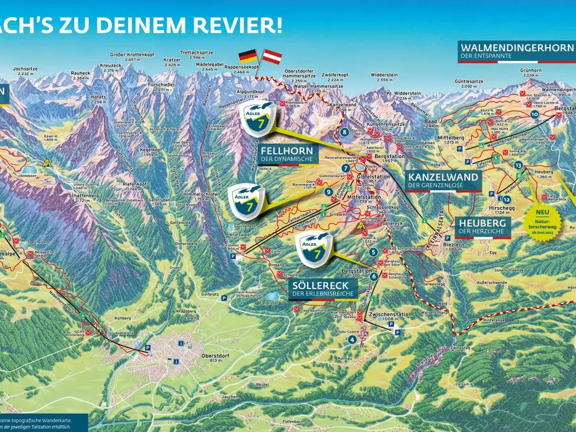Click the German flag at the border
pos(248,56)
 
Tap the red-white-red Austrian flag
pos(272,56)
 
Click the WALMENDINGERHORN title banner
pos(517,47)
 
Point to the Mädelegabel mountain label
pos(210,66)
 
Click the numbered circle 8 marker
pos(344,132)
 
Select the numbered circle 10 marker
pos(535,115)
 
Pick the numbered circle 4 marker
pos(352,340)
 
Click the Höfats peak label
pos(98,98)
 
